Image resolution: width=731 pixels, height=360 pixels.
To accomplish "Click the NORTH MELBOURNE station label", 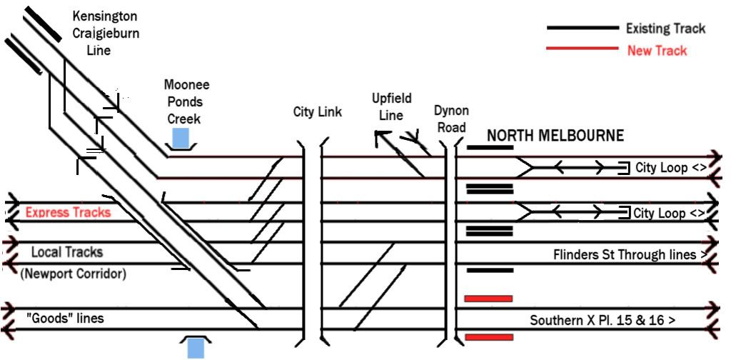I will (x=555, y=136).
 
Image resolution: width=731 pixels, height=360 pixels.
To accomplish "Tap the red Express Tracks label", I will (x=68, y=212).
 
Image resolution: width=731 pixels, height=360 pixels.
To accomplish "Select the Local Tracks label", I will (x=66, y=252).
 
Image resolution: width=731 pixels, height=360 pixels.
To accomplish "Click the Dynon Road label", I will (x=451, y=119).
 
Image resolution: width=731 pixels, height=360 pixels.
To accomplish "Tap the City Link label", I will (x=318, y=112).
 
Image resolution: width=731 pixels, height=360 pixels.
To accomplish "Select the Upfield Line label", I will (x=391, y=106).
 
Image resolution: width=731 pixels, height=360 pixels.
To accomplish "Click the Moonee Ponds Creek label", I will (x=186, y=101).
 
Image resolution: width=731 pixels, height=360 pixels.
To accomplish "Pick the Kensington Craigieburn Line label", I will (x=105, y=33).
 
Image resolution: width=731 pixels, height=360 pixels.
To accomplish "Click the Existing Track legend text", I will (x=665, y=29).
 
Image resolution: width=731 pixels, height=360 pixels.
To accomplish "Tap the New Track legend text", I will (x=657, y=50).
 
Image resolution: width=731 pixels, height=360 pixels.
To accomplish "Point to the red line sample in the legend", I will (x=582, y=49).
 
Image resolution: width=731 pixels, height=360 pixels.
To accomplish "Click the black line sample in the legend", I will (x=582, y=28).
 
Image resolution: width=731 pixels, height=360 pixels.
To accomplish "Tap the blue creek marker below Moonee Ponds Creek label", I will (x=181, y=138).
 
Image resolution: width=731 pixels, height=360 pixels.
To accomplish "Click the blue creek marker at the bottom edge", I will (x=195, y=349).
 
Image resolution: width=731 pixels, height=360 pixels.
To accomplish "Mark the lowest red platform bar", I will (x=488, y=336).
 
